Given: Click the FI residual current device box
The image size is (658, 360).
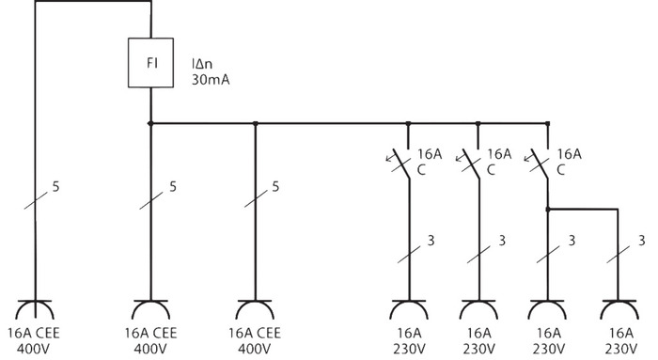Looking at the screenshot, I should point(151,64).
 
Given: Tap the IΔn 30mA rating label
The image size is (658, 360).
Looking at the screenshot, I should point(211,72).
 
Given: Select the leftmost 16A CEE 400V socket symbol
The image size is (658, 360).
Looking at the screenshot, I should point(35,309).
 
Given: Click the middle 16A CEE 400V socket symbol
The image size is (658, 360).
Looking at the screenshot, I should point(150,309).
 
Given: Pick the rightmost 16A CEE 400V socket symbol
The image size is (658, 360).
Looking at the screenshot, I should point(256,309).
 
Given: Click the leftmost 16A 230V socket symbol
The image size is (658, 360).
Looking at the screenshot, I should point(409,309).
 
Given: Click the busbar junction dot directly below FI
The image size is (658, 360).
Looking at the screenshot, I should point(150,123).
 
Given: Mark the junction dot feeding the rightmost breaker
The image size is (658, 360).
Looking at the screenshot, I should point(548,123).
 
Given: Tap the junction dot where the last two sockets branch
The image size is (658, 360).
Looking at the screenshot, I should point(548,209).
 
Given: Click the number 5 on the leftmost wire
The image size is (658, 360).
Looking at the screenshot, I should point(56,187).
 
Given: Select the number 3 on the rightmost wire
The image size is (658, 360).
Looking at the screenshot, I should point(639,242).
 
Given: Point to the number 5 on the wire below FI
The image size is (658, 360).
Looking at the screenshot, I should point(173,187).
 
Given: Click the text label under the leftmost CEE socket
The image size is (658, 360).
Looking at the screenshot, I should point(35,338).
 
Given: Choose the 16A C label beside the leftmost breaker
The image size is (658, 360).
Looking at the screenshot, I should point(429,161).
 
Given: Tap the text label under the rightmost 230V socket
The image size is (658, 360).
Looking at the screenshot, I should point(619,338).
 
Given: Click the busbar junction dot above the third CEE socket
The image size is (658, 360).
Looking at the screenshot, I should point(256,123).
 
